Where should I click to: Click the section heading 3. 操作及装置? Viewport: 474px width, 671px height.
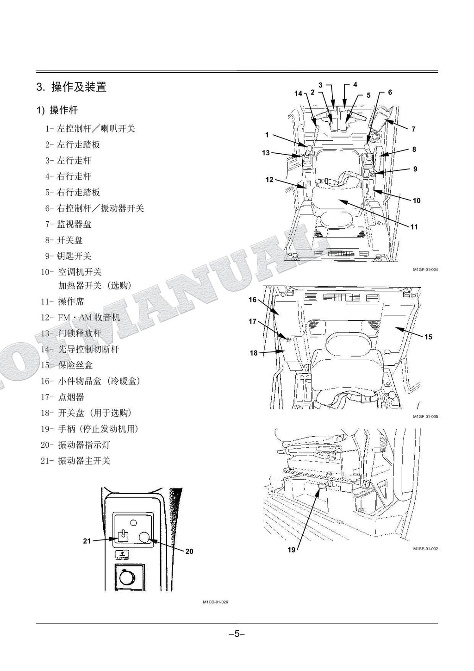(x=72, y=87)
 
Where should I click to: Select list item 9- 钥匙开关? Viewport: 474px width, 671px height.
(x=68, y=256)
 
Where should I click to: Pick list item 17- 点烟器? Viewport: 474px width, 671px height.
(x=62, y=397)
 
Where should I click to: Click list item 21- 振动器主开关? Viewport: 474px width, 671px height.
(x=75, y=461)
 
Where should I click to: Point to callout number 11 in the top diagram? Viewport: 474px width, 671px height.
(x=414, y=227)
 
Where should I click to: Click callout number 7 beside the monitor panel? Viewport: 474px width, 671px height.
(x=413, y=129)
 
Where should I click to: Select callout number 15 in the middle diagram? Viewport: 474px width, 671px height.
(x=428, y=337)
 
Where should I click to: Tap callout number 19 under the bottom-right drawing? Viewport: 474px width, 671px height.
(x=292, y=550)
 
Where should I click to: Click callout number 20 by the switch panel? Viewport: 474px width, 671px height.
(x=189, y=552)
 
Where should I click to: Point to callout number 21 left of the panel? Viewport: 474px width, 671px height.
(x=87, y=541)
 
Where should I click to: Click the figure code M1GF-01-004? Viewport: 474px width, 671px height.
(x=425, y=270)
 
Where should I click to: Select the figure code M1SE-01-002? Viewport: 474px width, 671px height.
(x=425, y=549)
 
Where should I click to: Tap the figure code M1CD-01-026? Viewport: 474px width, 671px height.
(x=215, y=602)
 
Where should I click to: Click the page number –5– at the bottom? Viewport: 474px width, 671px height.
(x=237, y=634)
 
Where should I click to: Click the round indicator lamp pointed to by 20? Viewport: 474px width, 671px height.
(x=144, y=537)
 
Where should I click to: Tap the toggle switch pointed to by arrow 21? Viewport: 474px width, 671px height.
(x=123, y=536)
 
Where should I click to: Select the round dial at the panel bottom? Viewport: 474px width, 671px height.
(x=125, y=577)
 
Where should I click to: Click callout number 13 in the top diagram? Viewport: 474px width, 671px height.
(x=266, y=153)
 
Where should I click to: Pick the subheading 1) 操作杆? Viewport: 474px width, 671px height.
(x=57, y=110)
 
